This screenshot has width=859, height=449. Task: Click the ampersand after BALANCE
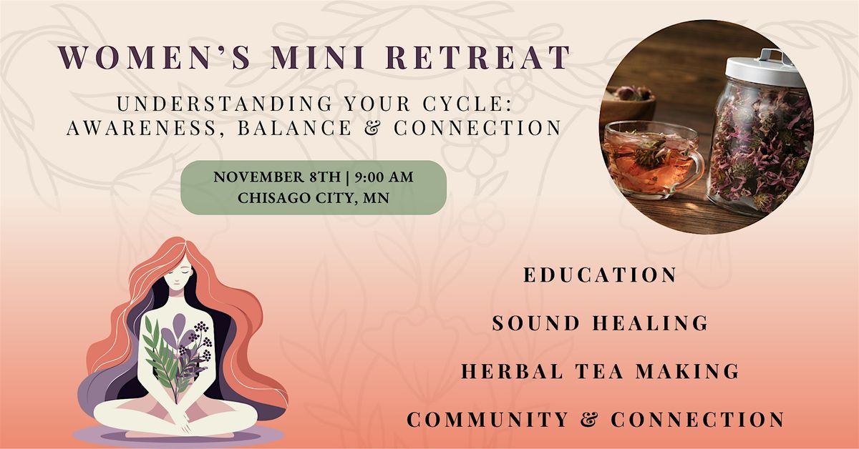372,127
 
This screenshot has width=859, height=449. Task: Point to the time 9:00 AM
384,177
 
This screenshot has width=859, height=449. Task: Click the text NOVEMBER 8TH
277,177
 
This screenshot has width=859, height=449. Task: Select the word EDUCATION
600,275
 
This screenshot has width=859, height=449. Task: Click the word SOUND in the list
535,323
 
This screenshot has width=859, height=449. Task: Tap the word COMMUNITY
487,419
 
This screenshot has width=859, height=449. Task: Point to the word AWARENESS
142,127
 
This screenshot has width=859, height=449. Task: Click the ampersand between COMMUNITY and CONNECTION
589,419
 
